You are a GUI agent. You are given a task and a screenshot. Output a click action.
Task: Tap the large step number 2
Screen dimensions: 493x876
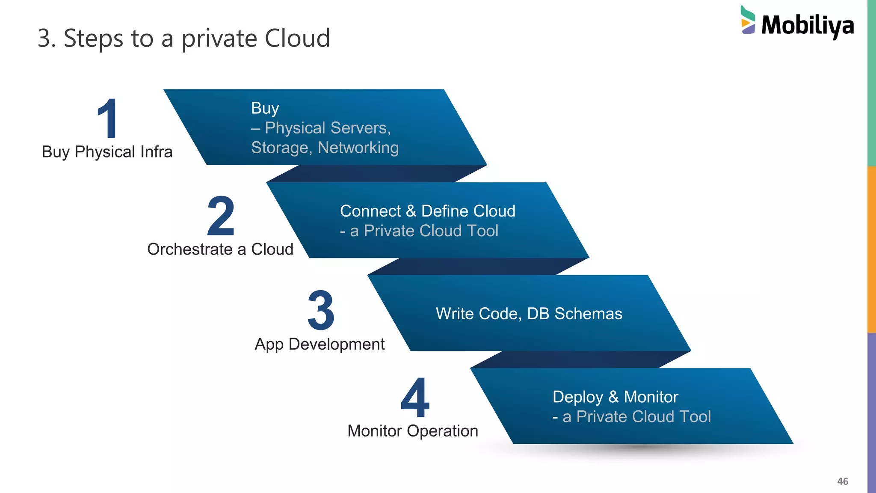pos(221,216)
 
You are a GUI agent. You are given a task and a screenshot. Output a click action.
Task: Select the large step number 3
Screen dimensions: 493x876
pos(321,310)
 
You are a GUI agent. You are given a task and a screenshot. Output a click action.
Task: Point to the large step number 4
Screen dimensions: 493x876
pos(415,398)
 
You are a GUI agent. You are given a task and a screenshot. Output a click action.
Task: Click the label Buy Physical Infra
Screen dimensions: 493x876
pos(107,152)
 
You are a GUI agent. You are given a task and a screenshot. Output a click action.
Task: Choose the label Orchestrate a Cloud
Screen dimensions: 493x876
pos(220,249)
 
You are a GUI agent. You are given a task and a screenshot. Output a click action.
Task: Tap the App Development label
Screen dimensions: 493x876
pos(320,344)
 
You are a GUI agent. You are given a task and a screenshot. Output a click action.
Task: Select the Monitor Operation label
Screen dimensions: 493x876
pos(412,431)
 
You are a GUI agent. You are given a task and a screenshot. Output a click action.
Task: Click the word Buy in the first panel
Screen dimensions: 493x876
pos(265,108)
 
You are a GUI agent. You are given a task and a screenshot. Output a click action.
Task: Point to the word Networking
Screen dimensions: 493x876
pos(358,148)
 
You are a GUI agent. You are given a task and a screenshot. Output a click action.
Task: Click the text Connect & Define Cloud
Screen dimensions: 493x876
pos(427,211)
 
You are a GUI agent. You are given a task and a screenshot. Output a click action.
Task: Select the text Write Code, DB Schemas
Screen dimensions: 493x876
pos(529,314)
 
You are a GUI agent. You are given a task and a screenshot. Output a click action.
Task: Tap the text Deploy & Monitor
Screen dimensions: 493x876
pos(615,397)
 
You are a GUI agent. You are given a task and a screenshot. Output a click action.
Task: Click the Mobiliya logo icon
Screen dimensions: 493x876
pos(748,20)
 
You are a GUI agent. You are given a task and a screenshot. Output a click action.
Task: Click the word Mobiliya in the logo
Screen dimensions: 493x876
pos(808,25)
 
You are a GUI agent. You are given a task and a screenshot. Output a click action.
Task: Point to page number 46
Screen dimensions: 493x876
pos(842,481)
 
